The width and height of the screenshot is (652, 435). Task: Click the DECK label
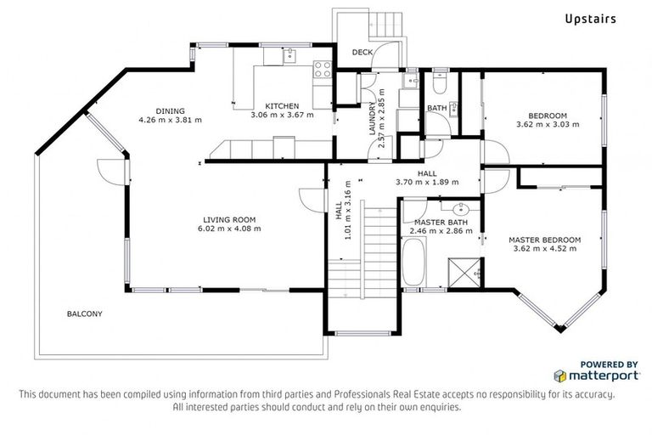tap(363, 53)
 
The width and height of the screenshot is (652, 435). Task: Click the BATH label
tap(436, 108)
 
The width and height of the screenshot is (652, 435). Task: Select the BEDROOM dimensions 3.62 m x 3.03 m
tap(547, 124)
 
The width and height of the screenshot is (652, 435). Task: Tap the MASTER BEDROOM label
tap(544, 240)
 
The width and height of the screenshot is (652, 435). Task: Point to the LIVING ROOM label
tap(229, 218)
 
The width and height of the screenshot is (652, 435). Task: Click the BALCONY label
tap(85, 314)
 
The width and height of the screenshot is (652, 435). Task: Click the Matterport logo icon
tap(559, 375)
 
